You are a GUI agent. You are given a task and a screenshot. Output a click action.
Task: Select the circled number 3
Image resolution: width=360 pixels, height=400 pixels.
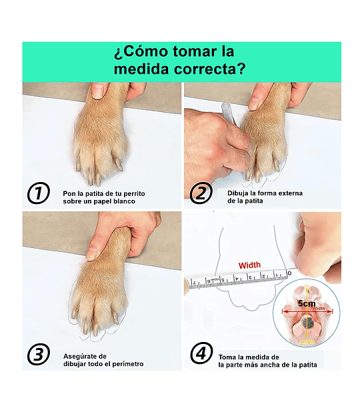pos(38,355)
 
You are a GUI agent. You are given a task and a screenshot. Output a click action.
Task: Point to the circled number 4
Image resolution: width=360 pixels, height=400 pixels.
pos(201,353)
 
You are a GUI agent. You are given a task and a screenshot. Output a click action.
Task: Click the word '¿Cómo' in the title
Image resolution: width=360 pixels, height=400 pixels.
pos(141,51)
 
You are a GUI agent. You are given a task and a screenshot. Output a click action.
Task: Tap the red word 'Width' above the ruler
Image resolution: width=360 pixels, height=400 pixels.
pos(249,265)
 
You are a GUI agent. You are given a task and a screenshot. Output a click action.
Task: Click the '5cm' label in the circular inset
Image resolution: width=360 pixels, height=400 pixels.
pos(307,303)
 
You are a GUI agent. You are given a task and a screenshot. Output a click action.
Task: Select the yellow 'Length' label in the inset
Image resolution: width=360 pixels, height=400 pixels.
pos(307,341)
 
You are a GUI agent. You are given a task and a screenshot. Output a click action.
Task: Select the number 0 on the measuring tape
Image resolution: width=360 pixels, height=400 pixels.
pos(289,273)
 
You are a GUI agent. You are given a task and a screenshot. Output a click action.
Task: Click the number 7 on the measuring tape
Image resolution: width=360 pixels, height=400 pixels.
pos(195,283)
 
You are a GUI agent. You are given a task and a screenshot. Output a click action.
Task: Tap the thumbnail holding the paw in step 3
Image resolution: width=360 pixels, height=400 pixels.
pos(91,254)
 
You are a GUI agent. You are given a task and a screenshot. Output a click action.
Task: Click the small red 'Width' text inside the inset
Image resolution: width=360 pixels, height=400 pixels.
pos(319,309)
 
